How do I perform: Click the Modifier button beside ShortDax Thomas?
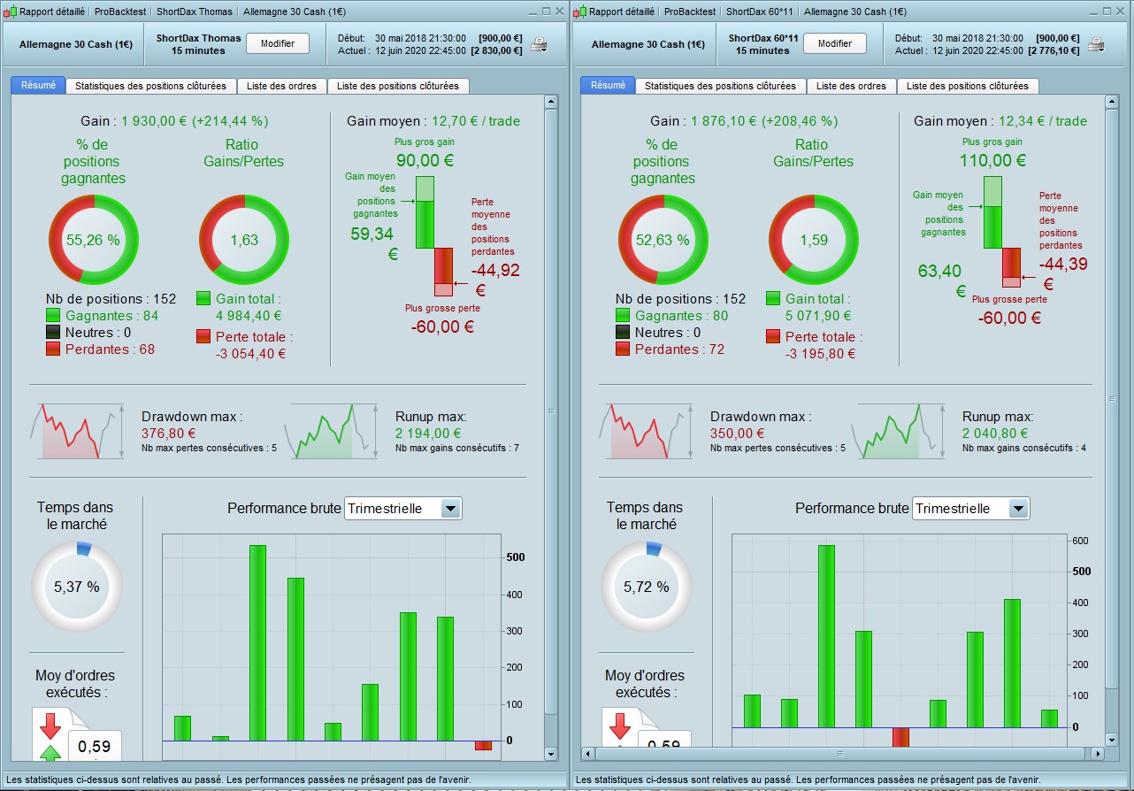click(278, 43)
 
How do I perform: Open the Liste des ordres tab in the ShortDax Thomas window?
click(281, 86)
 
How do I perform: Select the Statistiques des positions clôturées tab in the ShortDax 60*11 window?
click(720, 86)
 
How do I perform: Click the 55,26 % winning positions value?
click(93, 240)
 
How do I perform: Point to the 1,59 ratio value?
click(814, 240)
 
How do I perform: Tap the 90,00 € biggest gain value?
click(425, 160)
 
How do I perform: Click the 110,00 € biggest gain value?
click(992, 160)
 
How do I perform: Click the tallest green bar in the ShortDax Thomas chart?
click(257, 643)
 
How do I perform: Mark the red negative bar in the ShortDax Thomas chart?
click(483, 745)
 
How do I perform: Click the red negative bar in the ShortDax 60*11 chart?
click(900, 737)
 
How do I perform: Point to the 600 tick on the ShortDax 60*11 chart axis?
click(1080, 541)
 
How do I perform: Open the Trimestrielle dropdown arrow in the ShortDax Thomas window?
click(450, 509)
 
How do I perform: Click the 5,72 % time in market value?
click(646, 587)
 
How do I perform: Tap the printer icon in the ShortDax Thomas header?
click(539, 44)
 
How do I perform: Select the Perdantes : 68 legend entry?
click(100, 349)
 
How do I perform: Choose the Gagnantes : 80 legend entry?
click(671, 316)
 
